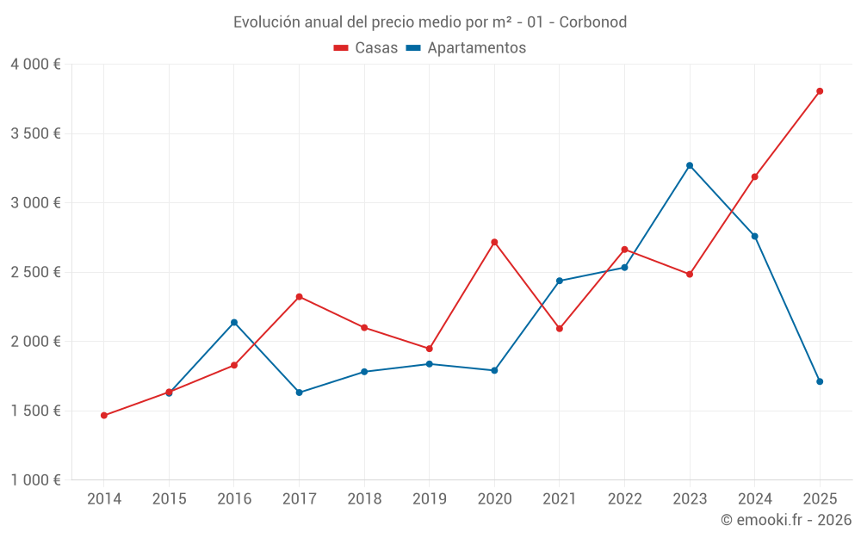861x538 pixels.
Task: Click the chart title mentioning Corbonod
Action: [430, 22]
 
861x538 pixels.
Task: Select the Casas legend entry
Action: [366, 48]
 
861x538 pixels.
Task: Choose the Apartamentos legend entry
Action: [466, 48]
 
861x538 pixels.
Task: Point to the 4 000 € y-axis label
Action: [35, 65]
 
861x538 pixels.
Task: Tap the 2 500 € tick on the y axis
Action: [35, 272]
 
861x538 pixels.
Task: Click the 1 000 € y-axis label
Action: [35, 480]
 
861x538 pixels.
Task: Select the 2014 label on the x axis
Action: [104, 499]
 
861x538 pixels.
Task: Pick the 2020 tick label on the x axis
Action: [494, 499]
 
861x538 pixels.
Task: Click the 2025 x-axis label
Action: [820, 499]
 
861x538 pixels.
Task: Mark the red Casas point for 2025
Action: [820, 91]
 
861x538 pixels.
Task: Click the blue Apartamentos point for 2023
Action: [690, 165]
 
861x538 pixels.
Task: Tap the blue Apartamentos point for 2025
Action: [820, 381]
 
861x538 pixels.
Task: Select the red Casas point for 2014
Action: [104, 416]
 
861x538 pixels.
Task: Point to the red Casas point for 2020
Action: [494, 242]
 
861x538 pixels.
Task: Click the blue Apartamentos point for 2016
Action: [234, 322]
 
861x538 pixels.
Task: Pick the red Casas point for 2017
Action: [299, 297]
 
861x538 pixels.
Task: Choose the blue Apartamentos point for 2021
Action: [560, 281]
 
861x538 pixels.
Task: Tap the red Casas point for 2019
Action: [430, 349]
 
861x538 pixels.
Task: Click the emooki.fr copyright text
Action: [785, 520]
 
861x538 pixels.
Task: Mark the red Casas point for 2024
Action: [754, 176]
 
